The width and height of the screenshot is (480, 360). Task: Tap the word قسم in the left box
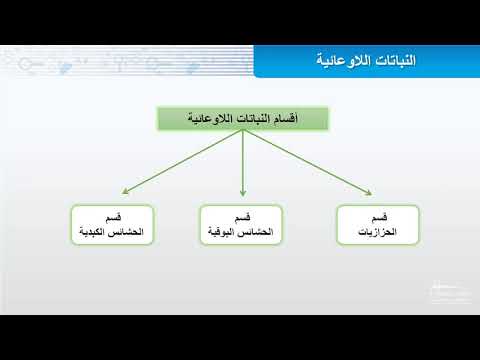(x=113, y=219)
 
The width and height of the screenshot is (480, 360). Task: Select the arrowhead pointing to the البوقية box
(x=243, y=192)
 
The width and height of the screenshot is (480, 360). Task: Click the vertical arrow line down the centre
(x=243, y=160)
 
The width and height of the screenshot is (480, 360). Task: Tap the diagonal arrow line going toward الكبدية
(x=180, y=162)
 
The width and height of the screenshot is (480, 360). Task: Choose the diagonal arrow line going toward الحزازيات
(x=305, y=162)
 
